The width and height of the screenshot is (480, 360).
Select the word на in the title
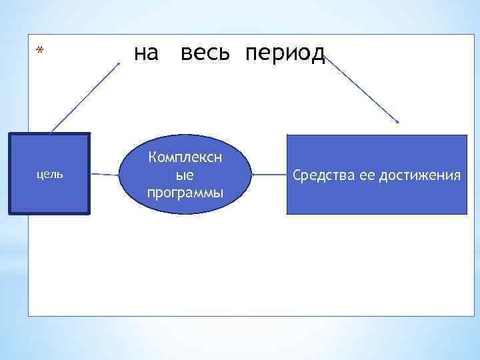147,53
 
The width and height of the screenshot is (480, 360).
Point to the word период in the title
285,54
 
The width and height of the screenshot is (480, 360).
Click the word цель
49,174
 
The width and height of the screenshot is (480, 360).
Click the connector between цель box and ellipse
104,175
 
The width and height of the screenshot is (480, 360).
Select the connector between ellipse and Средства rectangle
269,175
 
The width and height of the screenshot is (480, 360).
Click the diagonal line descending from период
361,89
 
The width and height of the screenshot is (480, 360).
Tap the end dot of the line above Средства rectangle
397,122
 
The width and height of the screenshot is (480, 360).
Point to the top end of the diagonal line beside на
119,63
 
